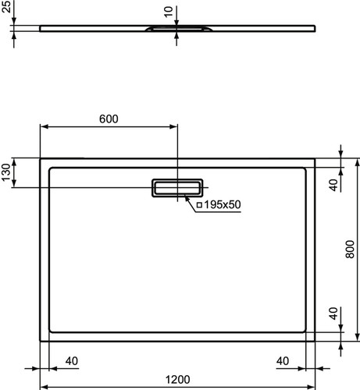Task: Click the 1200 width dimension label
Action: pyautogui.click(x=178, y=380)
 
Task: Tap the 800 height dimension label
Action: pyautogui.click(x=350, y=249)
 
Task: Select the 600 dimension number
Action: pyautogui.click(x=109, y=119)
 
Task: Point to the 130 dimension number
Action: pyautogui.click(x=5, y=172)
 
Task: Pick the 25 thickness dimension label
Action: pyautogui.click(x=6, y=6)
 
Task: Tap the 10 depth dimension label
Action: pyautogui.click(x=169, y=12)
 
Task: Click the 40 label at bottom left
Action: pyautogui.click(x=72, y=361)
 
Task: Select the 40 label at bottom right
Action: pyautogui.click(x=283, y=361)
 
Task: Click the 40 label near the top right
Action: pyautogui.click(x=333, y=185)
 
